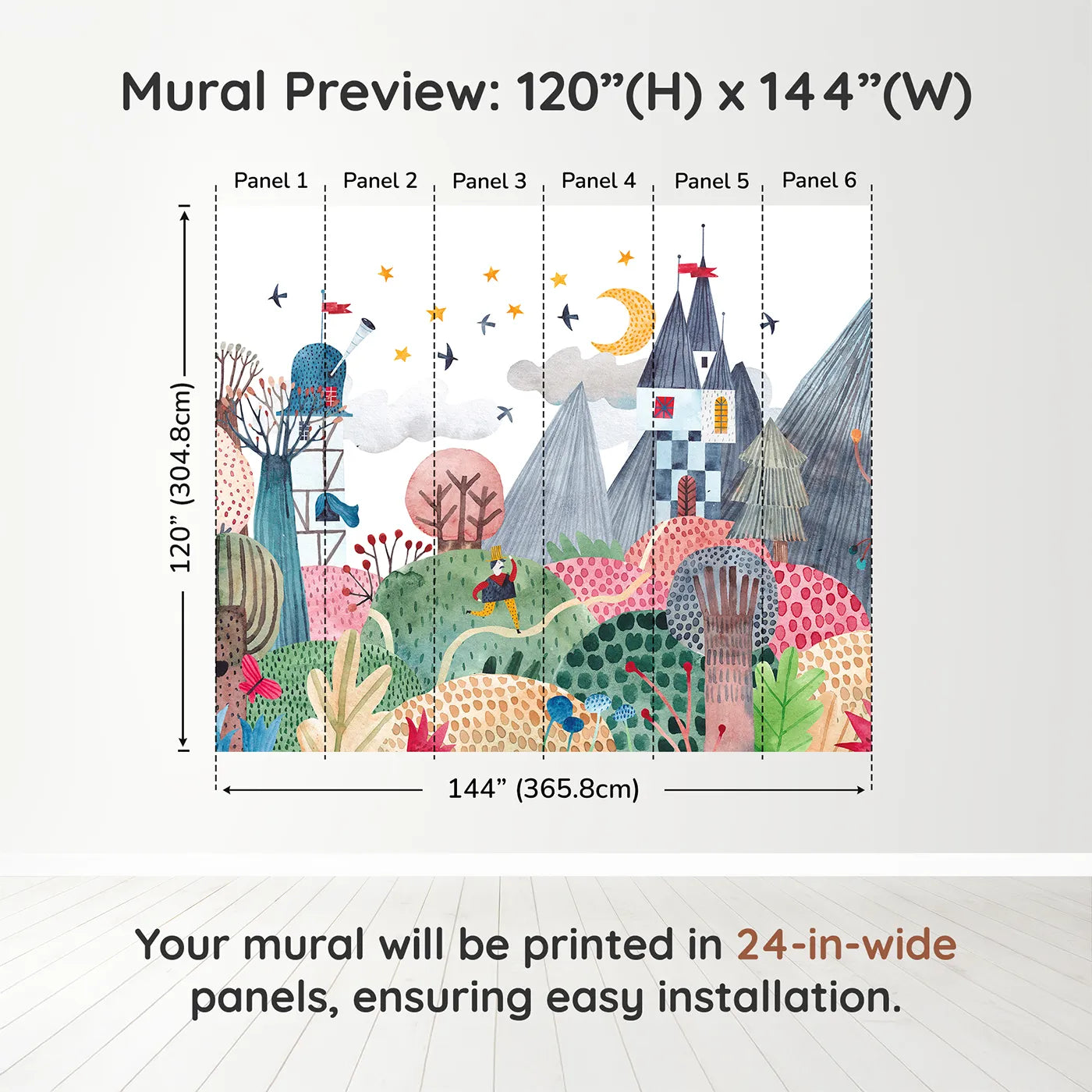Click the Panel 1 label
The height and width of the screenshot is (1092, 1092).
pos(271,181)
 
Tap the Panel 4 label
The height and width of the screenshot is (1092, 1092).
pos(598,181)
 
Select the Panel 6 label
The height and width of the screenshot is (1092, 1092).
pos(819,180)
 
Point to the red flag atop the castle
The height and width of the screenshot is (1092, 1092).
pos(697,270)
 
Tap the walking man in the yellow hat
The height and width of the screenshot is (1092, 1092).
pos(498,589)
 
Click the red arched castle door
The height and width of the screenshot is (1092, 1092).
pos(686,495)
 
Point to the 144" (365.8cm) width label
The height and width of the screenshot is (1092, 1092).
pos(543,789)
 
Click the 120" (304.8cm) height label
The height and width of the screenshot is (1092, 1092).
pos(181,477)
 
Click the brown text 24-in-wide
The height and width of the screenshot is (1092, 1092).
pos(846,945)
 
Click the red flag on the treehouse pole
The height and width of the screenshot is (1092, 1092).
pos(337,307)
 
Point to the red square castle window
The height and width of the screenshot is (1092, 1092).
pos(664,407)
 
